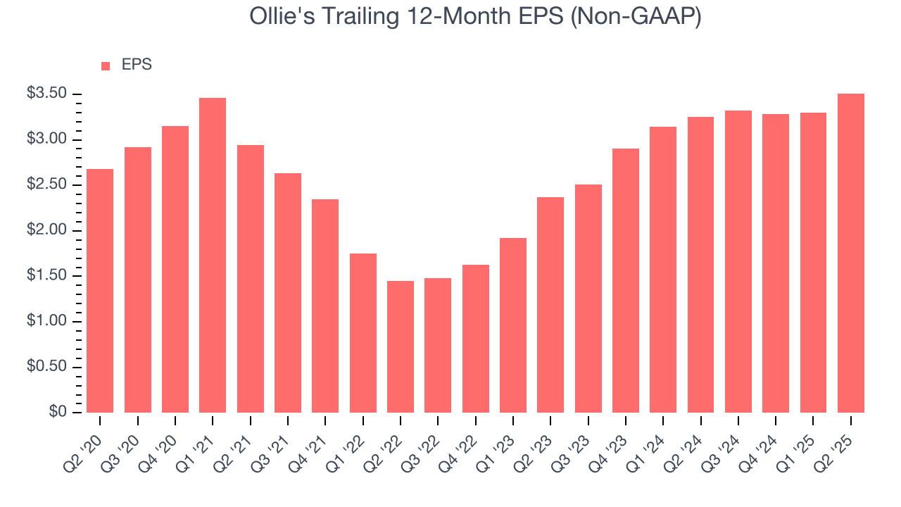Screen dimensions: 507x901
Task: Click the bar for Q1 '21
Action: tap(213, 255)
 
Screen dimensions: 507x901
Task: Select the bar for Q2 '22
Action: tap(401, 346)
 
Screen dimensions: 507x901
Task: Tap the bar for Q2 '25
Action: tap(851, 253)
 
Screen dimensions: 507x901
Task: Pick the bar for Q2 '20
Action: tap(100, 290)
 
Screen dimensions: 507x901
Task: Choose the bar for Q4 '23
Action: tap(626, 280)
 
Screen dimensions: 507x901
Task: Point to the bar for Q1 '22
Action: tap(363, 332)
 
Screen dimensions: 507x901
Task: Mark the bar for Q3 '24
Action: tap(738, 261)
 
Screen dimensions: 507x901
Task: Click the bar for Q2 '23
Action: tap(550, 304)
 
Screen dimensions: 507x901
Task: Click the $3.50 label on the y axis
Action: tap(47, 94)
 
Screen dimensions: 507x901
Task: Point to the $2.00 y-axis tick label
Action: tap(47, 231)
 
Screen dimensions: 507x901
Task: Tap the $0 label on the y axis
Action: tap(58, 413)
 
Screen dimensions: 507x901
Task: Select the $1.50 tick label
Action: tap(47, 276)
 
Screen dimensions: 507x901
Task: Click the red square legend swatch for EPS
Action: tap(106, 66)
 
